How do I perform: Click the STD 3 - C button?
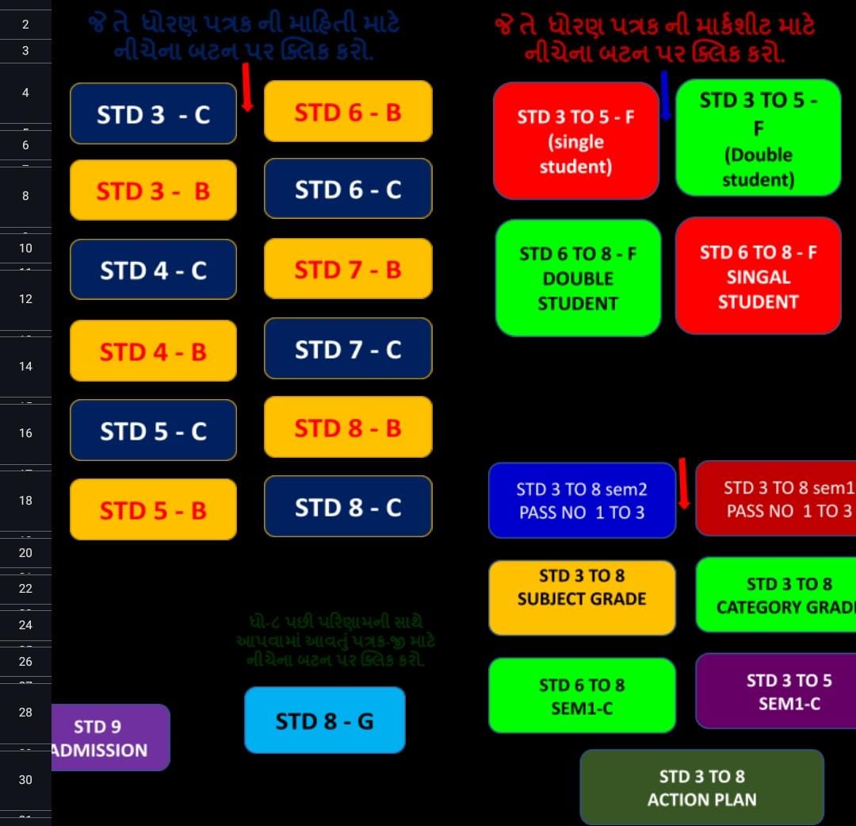pos(153,114)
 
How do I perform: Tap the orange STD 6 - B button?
pos(348,112)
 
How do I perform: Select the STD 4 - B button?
pos(153,351)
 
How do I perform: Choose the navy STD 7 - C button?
pos(348,349)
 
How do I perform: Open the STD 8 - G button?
pos(324,720)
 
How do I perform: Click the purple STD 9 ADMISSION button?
pos(110,737)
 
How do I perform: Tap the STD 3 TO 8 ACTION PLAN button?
pos(701,787)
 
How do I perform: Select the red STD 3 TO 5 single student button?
pos(575,141)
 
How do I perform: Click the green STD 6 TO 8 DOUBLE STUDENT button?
pos(578,278)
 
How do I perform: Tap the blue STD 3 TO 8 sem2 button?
pos(582,500)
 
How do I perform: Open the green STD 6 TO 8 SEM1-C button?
pos(582,695)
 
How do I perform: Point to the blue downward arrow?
pos(665,96)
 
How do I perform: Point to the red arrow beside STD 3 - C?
pos(246,89)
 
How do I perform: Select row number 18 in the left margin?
pos(25,500)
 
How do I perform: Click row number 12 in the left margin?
pos(25,298)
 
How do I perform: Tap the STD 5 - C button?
pos(153,430)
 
